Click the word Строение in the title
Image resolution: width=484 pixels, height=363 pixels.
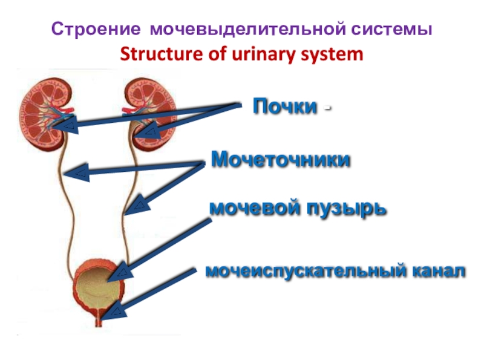[x=97, y=29]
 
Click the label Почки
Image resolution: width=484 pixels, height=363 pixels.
[x=284, y=107]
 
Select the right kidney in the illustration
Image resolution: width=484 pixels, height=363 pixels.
[x=149, y=112]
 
